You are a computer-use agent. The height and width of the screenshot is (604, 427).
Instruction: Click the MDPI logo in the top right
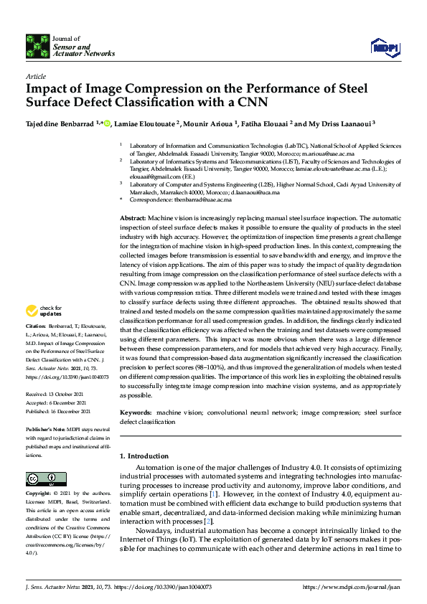[x=384, y=47]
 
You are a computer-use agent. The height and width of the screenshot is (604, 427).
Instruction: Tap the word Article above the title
[x=35, y=76]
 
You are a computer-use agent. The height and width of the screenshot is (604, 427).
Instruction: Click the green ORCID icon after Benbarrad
[x=107, y=123]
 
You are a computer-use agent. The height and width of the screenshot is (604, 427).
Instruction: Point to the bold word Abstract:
[x=133, y=217]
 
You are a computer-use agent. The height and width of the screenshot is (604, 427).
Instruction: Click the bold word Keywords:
[x=135, y=413]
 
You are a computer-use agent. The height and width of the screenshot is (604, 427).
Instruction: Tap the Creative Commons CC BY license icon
[x=42, y=478]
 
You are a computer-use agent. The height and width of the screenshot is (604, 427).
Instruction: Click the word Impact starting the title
[x=48, y=89]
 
